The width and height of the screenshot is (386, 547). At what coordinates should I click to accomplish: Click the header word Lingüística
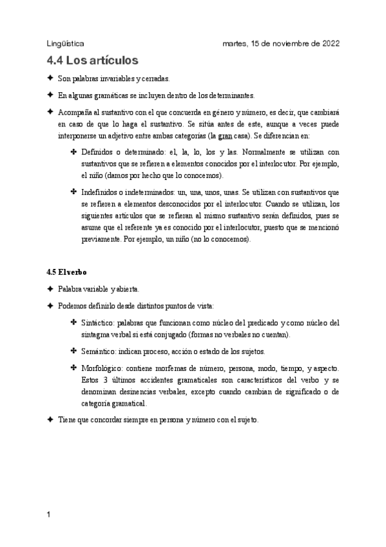coord(66,43)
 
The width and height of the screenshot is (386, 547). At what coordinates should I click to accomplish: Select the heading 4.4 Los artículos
coord(93,61)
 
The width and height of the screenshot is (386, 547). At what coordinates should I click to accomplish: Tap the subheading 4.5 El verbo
coord(67,272)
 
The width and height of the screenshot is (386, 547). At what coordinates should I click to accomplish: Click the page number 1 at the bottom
coord(50,516)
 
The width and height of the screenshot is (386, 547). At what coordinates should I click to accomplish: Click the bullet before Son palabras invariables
coord(50,78)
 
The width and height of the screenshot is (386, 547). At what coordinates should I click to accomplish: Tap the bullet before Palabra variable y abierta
coord(50,288)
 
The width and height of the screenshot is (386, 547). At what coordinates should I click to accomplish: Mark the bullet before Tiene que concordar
coord(50,419)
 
